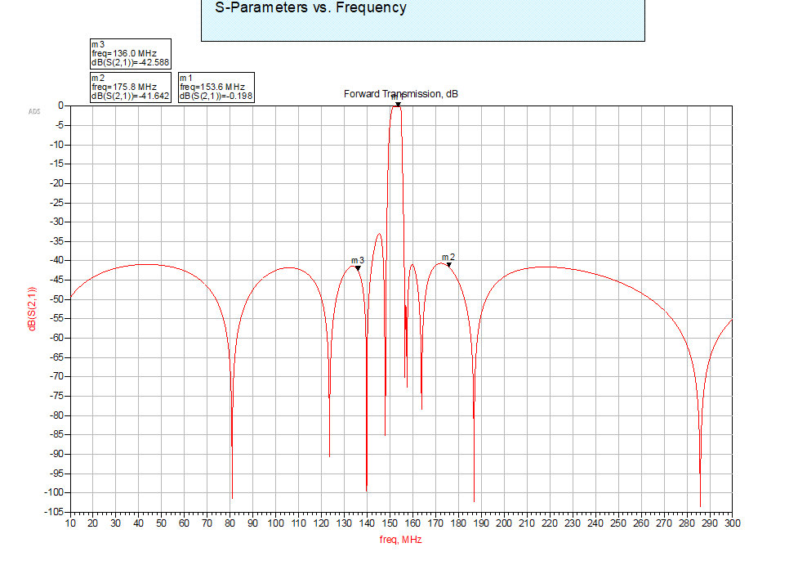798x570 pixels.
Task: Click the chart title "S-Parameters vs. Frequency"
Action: point(310,8)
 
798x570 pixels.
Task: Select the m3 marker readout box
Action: point(130,53)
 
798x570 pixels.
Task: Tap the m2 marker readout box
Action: point(130,87)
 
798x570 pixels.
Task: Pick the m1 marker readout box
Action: point(216,87)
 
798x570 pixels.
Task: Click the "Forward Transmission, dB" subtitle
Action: point(401,94)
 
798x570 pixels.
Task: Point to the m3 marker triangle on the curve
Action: point(358,268)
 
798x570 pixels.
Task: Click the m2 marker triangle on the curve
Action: point(448,264)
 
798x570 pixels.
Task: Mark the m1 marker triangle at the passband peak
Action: point(398,103)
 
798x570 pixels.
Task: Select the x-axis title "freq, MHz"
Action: point(401,539)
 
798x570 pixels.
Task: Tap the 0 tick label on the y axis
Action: point(61,105)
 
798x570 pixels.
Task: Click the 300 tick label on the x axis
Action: point(731,523)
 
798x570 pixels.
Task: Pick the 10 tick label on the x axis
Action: point(70,523)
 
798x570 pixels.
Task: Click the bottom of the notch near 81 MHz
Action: point(232,497)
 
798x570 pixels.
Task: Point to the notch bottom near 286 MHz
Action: point(700,505)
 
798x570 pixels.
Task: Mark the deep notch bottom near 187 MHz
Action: point(474,500)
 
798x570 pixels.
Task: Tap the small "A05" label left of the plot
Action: point(34,111)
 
